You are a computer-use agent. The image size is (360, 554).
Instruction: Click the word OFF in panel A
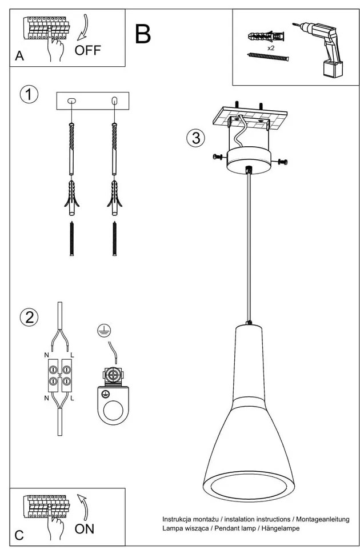click(x=87, y=50)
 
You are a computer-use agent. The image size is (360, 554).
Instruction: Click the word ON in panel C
click(x=85, y=528)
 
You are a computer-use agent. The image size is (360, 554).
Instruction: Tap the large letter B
click(x=143, y=34)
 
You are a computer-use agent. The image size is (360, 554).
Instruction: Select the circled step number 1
click(x=29, y=94)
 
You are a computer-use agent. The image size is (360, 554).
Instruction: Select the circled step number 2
click(x=29, y=316)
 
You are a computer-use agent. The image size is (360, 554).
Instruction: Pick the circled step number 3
click(x=195, y=138)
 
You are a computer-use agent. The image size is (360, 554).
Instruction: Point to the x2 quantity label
click(x=271, y=48)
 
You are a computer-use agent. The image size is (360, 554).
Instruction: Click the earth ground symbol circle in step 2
click(x=103, y=329)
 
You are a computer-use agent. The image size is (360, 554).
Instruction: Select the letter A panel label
click(x=19, y=56)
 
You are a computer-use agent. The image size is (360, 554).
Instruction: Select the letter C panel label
click(x=19, y=535)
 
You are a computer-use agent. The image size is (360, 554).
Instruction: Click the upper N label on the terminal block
click(x=46, y=355)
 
